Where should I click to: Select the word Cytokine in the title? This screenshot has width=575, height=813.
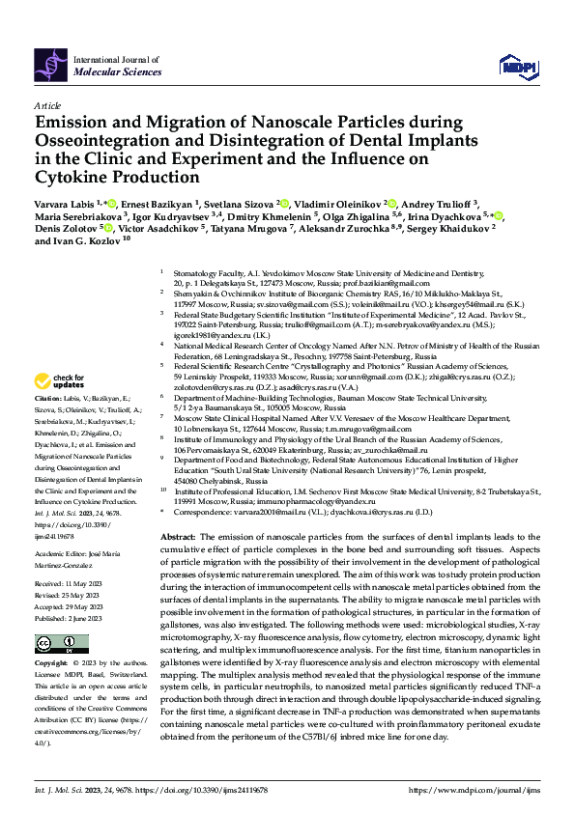click(72, 177)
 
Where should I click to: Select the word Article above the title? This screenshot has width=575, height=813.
click(46, 104)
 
